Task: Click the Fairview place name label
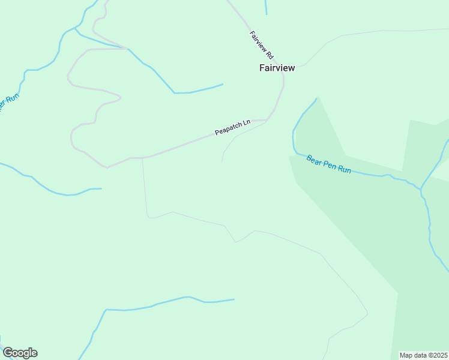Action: (x=277, y=68)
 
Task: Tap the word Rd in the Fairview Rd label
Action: (x=270, y=53)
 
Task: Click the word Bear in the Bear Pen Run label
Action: (x=313, y=160)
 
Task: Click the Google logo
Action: (x=20, y=353)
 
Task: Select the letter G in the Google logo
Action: (x=8, y=353)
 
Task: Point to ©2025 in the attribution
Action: (x=438, y=355)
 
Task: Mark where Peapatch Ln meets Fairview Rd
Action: (x=267, y=119)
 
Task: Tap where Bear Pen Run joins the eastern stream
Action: (x=421, y=188)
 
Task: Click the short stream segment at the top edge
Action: (x=266, y=7)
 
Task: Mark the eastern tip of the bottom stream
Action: (x=234, y=299)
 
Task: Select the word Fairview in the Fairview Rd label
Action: (x=257, y=40)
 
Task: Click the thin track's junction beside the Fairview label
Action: (x=306, y=64)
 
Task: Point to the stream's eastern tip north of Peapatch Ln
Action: (x=223, y=84)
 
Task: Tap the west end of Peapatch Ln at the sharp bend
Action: (x=107, y=167)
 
